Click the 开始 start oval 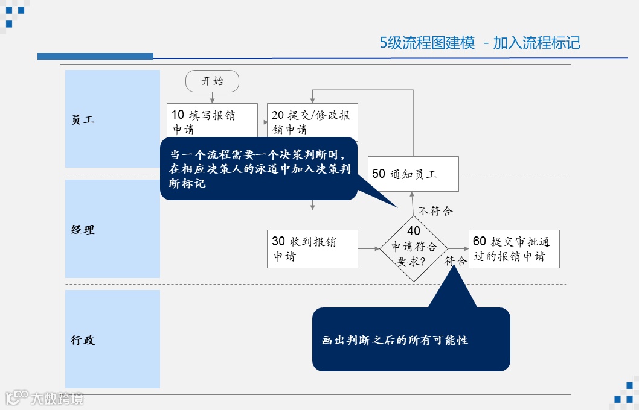pos(212,81)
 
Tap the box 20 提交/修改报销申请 pos(312,115)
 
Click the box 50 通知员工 pos(413,174)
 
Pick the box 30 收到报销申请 pos(312,248)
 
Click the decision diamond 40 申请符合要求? pos(414,248)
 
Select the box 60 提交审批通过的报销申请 pos(513,248)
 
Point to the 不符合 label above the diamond pos(435,211)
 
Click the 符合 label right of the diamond pos(456,261)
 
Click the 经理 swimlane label pos(83,230)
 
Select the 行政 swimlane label pos(83,340)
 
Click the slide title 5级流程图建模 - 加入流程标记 pos(480,43)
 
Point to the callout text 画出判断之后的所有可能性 pos(395,340)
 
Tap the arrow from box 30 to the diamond pos(368,248)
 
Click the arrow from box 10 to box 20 pos(262,122)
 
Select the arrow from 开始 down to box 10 pos(212,97)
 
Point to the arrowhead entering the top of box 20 pos(312,100)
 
